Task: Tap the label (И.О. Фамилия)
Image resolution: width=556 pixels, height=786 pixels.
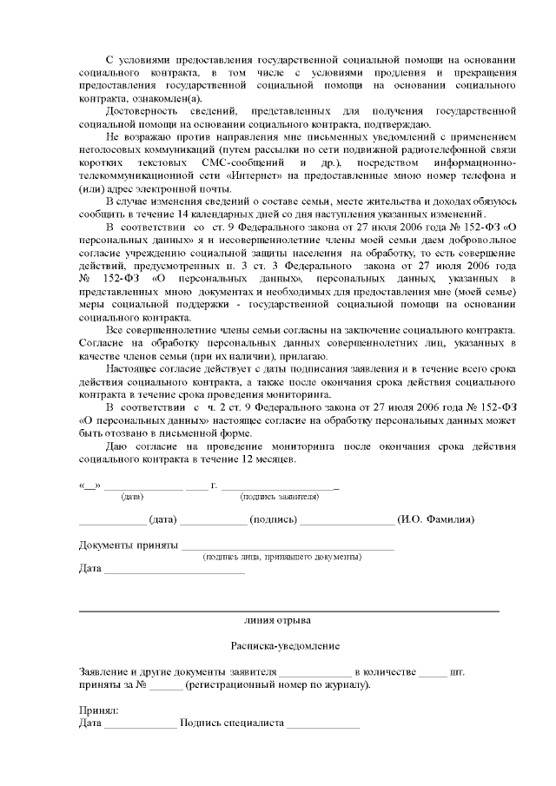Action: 435,519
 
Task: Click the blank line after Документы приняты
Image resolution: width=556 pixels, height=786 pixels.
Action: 287,547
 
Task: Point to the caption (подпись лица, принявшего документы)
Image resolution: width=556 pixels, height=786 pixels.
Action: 281,556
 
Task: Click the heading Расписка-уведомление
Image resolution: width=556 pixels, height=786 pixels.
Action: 285,646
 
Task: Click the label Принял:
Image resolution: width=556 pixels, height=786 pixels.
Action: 97,710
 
